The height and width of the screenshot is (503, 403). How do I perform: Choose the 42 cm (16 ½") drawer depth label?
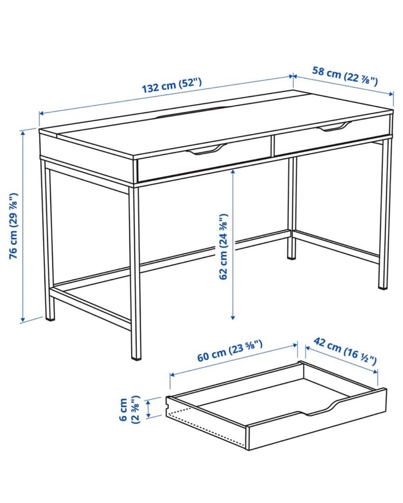pos(344,351)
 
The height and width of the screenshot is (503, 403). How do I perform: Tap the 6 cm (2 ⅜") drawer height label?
pos(129,409)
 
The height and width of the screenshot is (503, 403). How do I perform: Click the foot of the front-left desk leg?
pos(136,356)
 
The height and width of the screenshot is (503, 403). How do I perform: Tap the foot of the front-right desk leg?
pos(383,285)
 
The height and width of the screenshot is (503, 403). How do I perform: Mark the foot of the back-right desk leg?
pos(292,255)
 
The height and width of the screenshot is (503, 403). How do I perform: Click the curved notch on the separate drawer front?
pos(321,410)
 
